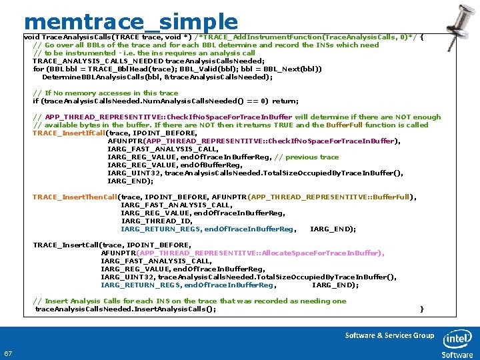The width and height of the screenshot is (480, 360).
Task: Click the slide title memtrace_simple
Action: tap(130, 22)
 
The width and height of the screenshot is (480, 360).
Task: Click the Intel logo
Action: tap(457, 342)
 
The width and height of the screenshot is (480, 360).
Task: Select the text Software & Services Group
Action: tap(389, 335)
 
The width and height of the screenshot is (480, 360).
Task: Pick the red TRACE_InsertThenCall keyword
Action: tap(75, 197)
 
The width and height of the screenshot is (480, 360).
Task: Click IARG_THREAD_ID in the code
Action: tap(156, 221)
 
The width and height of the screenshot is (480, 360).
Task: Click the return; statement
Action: tap(285, 101)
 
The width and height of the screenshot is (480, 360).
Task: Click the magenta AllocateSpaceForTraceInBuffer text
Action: tap(322, 253)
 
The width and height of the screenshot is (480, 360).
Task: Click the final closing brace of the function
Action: tap(421, 309)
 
